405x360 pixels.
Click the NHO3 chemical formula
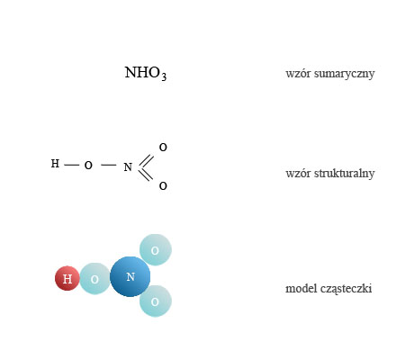(146, 73)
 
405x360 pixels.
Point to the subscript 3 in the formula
(164, 76)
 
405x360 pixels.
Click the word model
(301, 288)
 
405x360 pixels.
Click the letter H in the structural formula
(55, 164)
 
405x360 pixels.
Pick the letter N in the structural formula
(128, 166)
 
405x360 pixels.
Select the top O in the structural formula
(163, 147)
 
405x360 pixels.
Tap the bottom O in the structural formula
(163, 186)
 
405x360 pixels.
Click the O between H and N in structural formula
(88, 165)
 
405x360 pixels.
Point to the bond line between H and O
(72, 165)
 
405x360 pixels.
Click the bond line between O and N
(109, 165)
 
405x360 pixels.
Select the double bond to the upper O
(146, 160)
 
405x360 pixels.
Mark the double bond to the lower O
(146, 175)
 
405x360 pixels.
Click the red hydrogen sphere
(67, 278)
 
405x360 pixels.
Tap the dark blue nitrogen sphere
(130, 276)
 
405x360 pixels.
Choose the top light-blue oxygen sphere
(156, 250)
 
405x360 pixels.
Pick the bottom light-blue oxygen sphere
(156, 301)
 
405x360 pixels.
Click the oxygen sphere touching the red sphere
(95, 279)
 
